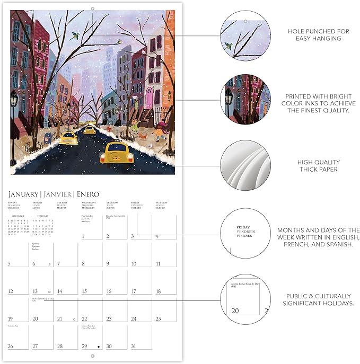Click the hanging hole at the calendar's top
[x=92, y=7]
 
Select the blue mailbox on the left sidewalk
[x=47, y=139]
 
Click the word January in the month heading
[x=23, y=194]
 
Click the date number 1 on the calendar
[x=84, y=236]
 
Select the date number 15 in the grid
[x=84, y=291]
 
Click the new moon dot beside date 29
[x=99, y=347]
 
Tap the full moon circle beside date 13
[x=49, y=291]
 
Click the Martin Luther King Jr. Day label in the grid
[x=42, y=299]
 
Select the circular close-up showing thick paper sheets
[x=242, y=165]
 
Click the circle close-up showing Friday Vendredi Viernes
[x=242, y=232]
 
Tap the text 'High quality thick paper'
[x=318, y=166]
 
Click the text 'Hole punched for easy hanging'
[x=318, y=35]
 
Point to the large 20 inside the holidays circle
[x=235, y=310]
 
